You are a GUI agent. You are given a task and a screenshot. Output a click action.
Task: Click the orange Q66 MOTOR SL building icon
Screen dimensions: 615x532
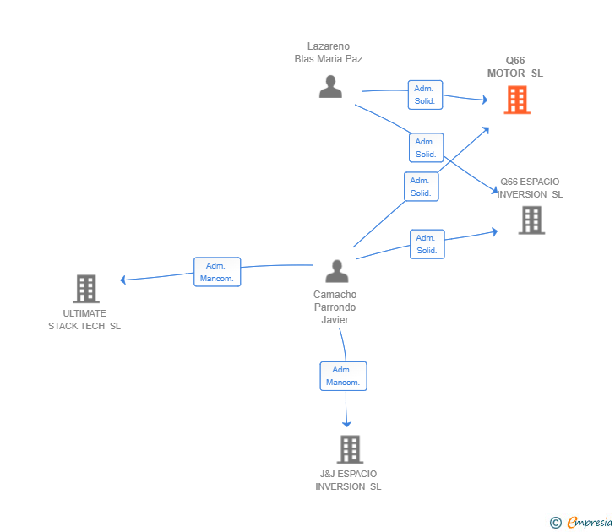pyautogui.click(x=517, y=100)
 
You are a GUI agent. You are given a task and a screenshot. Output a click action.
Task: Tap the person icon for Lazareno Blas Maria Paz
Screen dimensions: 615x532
pyautogui.click(x=330, y=87)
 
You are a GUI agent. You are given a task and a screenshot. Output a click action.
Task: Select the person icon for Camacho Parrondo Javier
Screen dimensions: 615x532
pyautogui.click(x=337, y=271)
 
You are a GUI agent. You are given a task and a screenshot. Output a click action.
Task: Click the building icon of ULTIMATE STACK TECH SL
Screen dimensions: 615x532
pyautogui.click(x=86, y=289)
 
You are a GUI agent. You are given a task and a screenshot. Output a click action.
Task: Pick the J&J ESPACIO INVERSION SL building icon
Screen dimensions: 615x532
pyautogui.click(x=350, y=449)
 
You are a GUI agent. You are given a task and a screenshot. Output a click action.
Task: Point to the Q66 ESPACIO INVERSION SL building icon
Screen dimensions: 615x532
pyautogui.click(x=531, y=220)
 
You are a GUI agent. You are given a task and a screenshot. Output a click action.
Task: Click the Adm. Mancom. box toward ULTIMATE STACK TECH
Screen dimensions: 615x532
pyautogui.click(x=217, y=272)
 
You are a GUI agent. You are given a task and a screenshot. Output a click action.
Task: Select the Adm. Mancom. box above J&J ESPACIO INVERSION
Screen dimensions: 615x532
pyautogui.click(x=344, y=377)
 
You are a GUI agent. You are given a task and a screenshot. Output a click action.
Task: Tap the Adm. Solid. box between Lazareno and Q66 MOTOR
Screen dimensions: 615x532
pyautogui.click(x=425, y=95)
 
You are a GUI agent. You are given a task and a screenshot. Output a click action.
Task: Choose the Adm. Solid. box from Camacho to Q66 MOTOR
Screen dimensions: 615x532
pyautogui.click(x=422, y=187)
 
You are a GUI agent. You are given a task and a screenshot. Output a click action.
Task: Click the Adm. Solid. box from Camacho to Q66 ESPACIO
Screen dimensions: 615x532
pyautogui.click(x=427, y=244)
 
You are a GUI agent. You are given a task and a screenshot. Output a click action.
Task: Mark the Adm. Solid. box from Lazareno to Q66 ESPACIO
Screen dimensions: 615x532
pyautogui.click(x=427, y=148)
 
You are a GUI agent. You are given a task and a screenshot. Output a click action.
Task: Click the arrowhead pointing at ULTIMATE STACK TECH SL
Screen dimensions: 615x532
pyautogui.click(x=122, y=280)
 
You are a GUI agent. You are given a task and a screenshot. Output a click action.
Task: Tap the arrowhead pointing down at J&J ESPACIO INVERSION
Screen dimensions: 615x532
pyautogui.click(x=346, y=424)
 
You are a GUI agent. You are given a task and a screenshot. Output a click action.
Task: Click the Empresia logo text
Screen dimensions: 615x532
pyautogui.click(x=590, y=522)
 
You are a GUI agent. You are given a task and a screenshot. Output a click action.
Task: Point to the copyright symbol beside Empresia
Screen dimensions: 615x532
pyautogui.click(x=555, y=523)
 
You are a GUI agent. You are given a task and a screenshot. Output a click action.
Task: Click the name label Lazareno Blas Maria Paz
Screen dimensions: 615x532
pyautogui.click(x=329, y=52)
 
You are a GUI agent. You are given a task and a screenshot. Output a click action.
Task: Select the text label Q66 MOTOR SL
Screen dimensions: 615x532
pyautogui.click(x=515, y=67)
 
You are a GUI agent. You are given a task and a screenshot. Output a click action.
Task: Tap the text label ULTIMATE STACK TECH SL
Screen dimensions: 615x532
pyautogui.click(x=84, y=320)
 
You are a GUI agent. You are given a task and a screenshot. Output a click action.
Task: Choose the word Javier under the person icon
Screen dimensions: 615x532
pyautogui.click(x=335, y=320)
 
